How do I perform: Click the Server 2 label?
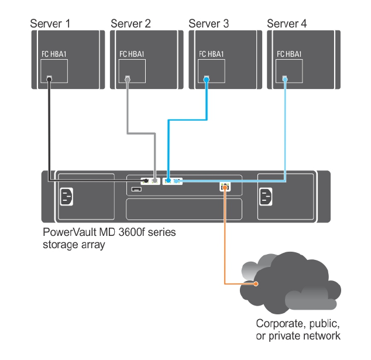(x=130, y=24)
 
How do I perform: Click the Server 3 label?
(x=209, y=24)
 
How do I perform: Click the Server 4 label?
(x=287, y=24)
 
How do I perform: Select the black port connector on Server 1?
(x=50, y=79)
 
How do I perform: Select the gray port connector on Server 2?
(x=128, y=79)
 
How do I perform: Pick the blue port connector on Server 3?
(x=207, y=78)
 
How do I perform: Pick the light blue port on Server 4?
(x=285, y=78)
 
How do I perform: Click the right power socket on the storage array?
(x=265, y=197)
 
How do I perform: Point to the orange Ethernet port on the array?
(x=225, y=187)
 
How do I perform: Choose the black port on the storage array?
(x=145, y=181)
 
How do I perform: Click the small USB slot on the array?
(x=136, y=190)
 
